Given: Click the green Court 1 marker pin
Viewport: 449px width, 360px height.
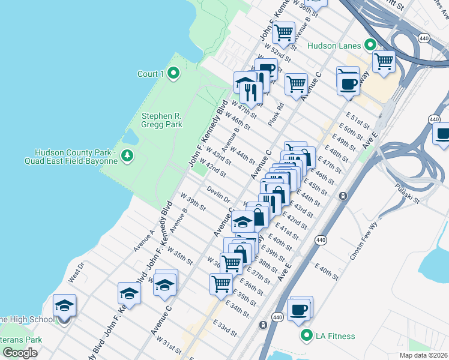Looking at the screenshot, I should pos(174,74).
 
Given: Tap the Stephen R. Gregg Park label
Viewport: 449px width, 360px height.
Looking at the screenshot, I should pos(161,120).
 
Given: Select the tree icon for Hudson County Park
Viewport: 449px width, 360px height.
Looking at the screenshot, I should pos(127,156).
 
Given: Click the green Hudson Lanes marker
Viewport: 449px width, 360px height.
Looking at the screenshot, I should pos(370,46).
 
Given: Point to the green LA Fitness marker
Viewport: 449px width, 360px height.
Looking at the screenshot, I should pos(307,336).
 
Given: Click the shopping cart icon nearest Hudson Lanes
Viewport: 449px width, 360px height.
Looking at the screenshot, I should pos(383,61).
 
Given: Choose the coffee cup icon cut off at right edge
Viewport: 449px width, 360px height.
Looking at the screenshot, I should pos(442,134).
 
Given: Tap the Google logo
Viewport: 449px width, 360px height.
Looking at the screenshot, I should pos(20,353).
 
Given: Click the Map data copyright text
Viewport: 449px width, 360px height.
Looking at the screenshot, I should pos(422,355).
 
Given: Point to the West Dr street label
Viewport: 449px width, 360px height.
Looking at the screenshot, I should pos(77,271).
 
